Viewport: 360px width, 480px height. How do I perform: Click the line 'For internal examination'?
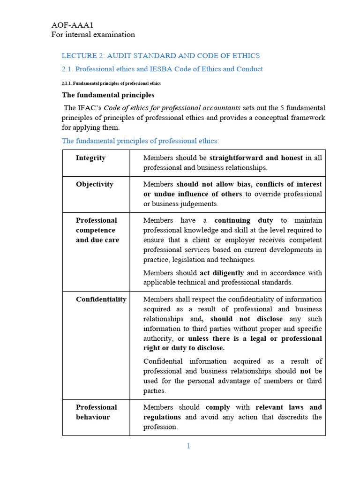tap(93, 34)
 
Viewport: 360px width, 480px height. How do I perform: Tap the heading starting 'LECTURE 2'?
tap(161, 56)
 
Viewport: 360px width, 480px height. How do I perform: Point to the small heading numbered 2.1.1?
tap(111, 83)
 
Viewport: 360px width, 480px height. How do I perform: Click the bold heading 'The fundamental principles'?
tap(108, 95)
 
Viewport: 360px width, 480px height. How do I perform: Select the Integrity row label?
tap(90, 158)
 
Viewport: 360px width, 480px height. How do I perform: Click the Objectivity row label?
tap(95, 184)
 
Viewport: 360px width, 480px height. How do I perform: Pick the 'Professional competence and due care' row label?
tap(97, 230)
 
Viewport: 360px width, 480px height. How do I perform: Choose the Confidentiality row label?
tap(101, 299)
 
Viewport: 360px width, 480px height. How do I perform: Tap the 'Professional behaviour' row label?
tap(96, 412)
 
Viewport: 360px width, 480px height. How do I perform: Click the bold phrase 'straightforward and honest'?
tap(256, 158)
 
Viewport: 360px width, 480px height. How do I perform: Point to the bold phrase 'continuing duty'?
tap(244, 220)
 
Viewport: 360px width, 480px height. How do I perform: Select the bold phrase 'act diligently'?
tap(222, 273)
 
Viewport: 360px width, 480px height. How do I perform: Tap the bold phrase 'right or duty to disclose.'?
tap(184, 348)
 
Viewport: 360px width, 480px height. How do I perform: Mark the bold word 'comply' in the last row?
tap(217, 407)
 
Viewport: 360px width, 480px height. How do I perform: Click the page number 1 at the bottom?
tap(188, 446)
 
